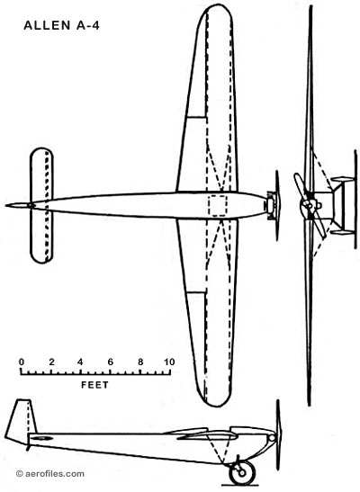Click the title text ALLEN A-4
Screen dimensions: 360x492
click(x=61, y=25)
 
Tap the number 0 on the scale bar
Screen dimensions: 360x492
click(x=22, y=362)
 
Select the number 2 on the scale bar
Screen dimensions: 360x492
click(x=51, y=362)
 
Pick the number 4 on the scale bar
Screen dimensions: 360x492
click(x=80, y=362)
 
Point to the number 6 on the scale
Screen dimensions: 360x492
click(x=110, y=362)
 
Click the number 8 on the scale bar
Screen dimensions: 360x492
click(x=140, y=362)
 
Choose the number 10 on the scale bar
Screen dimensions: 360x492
click(x=169, y=362)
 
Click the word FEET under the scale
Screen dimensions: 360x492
click(x=94, y=385)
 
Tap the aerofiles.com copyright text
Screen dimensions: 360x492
click(x=50, y=473)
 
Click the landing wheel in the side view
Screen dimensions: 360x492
click(x=242, y=472)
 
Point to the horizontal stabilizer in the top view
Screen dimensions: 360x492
click(x=41, y=205)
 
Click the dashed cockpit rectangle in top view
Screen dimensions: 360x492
click(x=218, y=205)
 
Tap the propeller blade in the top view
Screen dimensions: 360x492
click(x=277, y=205)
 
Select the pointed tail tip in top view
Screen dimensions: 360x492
click(x=6, y=205)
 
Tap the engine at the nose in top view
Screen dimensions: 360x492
click(x=270, y=205)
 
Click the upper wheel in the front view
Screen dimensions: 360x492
click(x=342, y=180)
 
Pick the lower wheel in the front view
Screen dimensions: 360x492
click(x=342, y=232)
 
